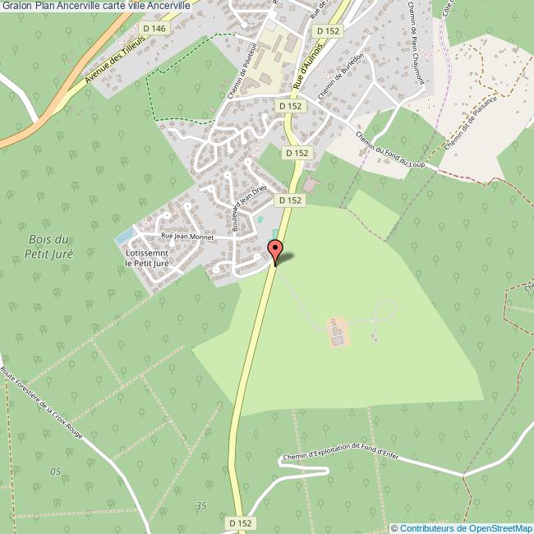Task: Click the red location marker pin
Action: click(x=275, y=251)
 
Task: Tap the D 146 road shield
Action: click(x=154, y=28)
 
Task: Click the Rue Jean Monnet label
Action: click(x=187, y=237)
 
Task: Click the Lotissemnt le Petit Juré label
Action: click(x=148, y=259)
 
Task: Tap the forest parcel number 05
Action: click(x=55, y=472)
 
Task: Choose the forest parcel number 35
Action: click(x=200, y=505)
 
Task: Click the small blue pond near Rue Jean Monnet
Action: click(x=126, y=237)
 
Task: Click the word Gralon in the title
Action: click(x=16, y=5)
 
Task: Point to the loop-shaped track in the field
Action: click(x=384, y=312)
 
